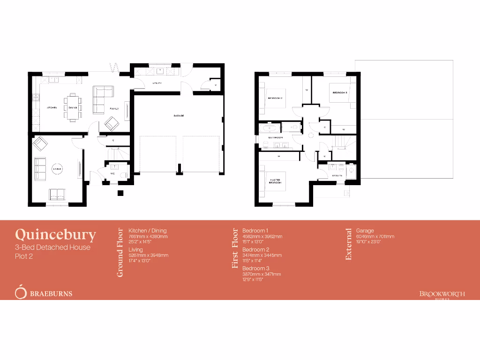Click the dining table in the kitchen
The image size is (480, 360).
click(73, 107)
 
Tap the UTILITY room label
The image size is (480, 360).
click(157, 83)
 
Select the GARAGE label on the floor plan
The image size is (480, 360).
click(179, 115)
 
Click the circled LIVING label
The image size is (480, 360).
click(57, 169)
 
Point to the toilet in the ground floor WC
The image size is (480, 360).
click(123, 174)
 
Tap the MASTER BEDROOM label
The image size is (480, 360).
click(275, 180)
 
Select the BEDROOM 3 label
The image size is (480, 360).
click(339, 93)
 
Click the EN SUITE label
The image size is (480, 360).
click(337, 175)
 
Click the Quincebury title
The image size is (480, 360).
click(55, 234)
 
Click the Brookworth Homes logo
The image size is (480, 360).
click(442, 294)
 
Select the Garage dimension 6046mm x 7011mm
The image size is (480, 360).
click(375, 236)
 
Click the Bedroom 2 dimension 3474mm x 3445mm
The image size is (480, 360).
click(262, 255)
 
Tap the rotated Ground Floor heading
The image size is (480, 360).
click(120, 252)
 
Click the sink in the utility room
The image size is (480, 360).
click(160, 71)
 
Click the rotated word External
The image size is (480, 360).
click(348, 244)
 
